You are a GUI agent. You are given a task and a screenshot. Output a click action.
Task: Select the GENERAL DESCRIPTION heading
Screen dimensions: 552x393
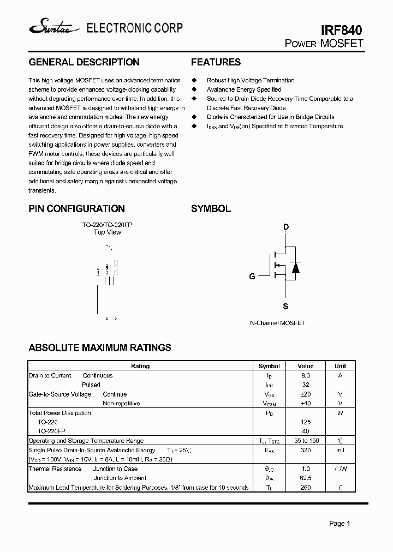[x=84, y=62]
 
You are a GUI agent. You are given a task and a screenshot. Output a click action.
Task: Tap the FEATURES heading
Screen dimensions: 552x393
[x=216, y=62]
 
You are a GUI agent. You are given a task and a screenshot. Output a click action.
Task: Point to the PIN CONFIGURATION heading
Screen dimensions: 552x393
[x=76, y=209]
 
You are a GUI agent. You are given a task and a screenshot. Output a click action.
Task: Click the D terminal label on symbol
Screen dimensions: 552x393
[x=285, y=227]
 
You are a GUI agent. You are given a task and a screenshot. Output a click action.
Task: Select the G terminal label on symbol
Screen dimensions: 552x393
[x=252, y=277]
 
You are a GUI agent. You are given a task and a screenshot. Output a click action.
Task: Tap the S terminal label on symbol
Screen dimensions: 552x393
[x=285, y=307]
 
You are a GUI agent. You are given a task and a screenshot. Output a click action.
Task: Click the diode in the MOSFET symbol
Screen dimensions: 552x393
[x=295, y=267]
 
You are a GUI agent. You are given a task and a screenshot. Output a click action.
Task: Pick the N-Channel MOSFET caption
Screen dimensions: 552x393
[x=277, y=323]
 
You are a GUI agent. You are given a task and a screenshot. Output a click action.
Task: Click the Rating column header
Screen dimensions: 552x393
[x=140, y=367]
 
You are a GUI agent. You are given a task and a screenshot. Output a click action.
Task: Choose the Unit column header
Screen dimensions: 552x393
[x=340, y=367]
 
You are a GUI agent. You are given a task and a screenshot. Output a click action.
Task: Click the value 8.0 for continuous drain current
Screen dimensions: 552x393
[x=306, y=376]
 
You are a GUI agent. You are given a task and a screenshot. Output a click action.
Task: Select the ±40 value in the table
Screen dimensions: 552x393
[x=306, y=404]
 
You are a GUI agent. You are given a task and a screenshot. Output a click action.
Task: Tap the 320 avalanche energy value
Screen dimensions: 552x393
[x=306, y=450]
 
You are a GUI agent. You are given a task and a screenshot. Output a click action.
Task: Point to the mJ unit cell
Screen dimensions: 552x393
[x=340, y=450]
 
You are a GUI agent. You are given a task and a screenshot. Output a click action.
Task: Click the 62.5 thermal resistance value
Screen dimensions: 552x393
[x=306, y=478]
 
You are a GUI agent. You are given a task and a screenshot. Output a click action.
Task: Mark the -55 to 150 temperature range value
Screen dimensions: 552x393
[x=306, y=441]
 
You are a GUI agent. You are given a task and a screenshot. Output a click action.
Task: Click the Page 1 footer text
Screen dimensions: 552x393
[x=339, y=524]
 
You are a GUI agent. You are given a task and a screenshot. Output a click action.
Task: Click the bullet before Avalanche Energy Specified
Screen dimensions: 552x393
[x=194, y=89]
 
